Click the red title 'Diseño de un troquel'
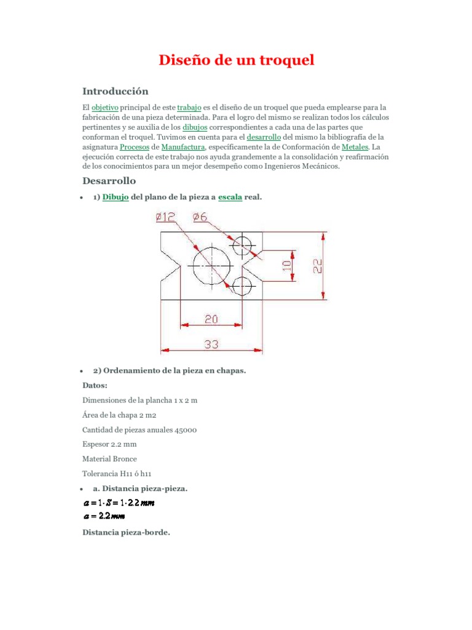(237, 60)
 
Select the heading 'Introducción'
(116, 91)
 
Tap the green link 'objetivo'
(104, 106)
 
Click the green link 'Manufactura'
(183, 147)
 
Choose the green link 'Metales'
(358, 147)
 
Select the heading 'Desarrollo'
(109, 181)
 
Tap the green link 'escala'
(230, 197)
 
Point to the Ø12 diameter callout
(166, 217)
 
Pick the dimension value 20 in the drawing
(211, 318)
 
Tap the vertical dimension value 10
(286, 265)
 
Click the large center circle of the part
(211, 265)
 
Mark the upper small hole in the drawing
(242, 245)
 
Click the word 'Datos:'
(95, 386)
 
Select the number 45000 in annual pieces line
(183, 429)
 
